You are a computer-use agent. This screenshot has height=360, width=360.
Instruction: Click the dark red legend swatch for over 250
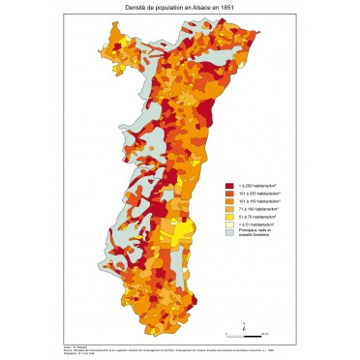tap(229, 185)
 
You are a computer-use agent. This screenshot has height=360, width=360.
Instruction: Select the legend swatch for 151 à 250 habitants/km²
tap(229, 193)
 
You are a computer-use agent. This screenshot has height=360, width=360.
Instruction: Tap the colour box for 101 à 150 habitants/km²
tap(229, 200)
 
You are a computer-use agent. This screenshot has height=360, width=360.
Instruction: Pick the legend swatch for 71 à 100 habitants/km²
tap(229, 208)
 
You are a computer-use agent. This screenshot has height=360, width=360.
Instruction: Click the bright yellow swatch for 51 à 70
tap(229, 216)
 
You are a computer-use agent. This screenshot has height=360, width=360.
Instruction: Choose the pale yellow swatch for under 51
tap(229, 224)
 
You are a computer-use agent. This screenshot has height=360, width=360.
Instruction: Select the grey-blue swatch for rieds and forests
tap(229, 231)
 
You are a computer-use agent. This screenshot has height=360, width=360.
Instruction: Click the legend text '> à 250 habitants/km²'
tap(255, 185)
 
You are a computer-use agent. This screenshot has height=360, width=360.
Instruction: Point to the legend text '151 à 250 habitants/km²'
tap(258, 193)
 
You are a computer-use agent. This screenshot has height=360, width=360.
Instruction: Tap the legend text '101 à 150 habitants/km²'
tap(258, 200)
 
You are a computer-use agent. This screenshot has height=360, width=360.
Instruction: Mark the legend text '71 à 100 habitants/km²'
tap(257, 208)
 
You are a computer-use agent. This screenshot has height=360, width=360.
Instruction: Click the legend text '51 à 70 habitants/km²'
tap(256, 216)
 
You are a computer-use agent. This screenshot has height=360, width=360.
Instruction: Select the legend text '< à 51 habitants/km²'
tap(255, 224)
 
